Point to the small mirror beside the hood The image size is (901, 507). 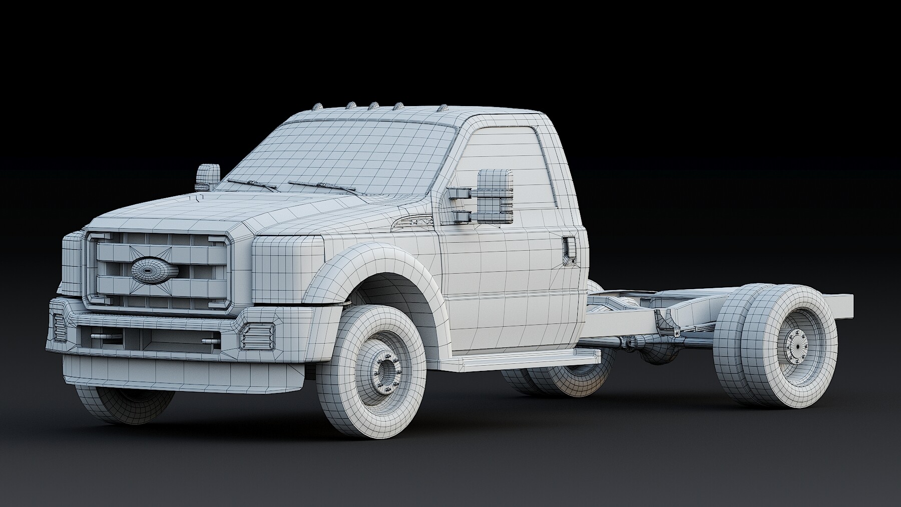point(208,177)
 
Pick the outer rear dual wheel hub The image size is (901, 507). point(798,346)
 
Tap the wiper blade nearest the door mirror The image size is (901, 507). point(323,187)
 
